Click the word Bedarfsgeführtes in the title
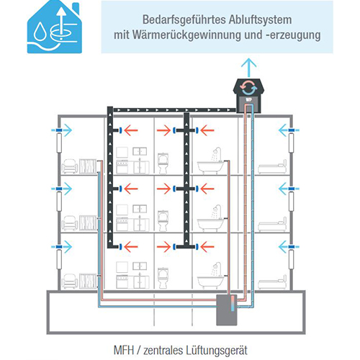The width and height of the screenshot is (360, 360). tap(184, 20)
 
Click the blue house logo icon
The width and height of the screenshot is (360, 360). tap(55, 27)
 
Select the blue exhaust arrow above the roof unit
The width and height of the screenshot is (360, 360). tap(249, 68)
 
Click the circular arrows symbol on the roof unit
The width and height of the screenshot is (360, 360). tap(249, 87)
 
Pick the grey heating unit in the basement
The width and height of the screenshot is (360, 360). tap(227, 310)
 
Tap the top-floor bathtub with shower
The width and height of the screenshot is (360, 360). tap(211, 161)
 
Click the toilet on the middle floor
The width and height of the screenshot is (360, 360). tap(163, 221)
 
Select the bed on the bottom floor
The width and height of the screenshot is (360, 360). tap(272, 282)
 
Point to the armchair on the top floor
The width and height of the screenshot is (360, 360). tap(70, 166)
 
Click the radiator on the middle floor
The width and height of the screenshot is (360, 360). tap(88, 223)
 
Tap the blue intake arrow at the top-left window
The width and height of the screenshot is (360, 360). tap(62, 130)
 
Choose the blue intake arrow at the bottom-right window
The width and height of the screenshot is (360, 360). tap(289, 247)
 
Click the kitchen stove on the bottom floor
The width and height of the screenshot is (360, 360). tap(122, 282)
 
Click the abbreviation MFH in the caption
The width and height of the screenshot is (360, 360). tap(124, 350)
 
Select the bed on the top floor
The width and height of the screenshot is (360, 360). tap(272, 166)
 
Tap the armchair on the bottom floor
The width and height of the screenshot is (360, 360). tap(70, 281)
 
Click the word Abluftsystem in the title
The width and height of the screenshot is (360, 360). tap(260, 20)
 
